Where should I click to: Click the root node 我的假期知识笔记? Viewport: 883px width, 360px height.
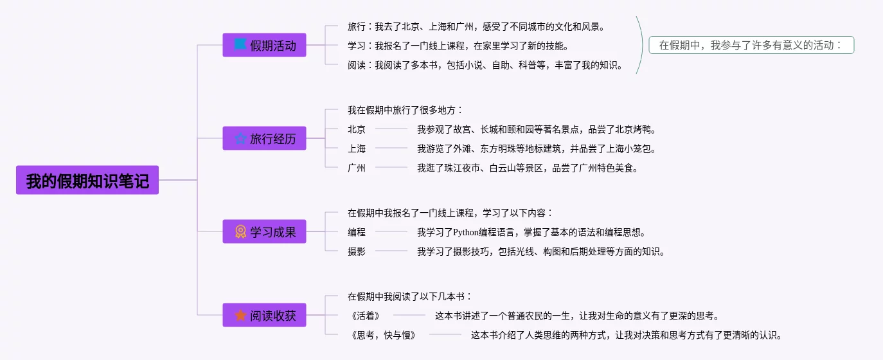coord(87,181)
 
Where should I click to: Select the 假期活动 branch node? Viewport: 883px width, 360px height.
coord(264,46)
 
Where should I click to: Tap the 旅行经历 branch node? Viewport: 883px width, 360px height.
coord(264,138)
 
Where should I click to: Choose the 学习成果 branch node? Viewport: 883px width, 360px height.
coord(264,231)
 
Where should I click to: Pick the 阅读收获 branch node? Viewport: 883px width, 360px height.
coord(264,316)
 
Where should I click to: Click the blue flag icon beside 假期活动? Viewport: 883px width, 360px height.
coord(240,45)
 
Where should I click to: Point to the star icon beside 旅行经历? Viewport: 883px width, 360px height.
coord(240,138)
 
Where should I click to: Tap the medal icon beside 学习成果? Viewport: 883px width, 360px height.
coord(240,231)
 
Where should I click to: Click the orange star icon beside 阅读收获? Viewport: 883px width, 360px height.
coord(240,316)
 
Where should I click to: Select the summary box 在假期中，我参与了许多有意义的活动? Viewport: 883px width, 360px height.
coord(751,45)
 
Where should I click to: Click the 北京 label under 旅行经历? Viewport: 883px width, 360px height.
coord(357,129)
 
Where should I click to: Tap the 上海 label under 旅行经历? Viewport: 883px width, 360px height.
coord(357,148)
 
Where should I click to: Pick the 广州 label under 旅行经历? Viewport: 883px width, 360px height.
coord(357,168)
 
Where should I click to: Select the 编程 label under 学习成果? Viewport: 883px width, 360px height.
coord(357,232)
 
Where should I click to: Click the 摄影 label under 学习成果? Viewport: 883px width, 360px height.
coord(357,251)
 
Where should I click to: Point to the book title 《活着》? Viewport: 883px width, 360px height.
coord(366,316)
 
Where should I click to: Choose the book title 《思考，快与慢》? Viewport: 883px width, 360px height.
coord(384,335)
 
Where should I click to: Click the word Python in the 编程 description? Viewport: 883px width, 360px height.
coord(466,232)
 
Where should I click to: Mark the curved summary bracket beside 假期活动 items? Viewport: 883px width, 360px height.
coord(641,45)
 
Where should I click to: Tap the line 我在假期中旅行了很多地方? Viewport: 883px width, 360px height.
coord(405,110)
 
